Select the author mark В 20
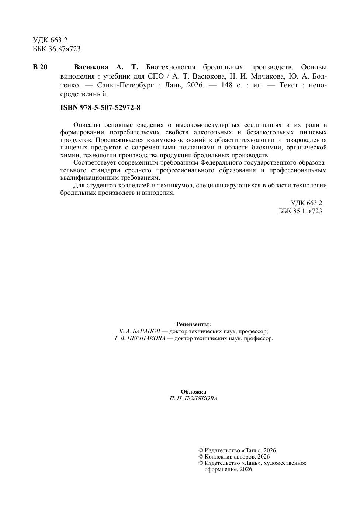[x=40, y=67]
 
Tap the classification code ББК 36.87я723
[x=56, y=49]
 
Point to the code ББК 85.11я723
[x=300, y=211]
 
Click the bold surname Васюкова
[x=91, y=67]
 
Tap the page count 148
[x=226, y=85]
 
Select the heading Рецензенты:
[x=194, y=324]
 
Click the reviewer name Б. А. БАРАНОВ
[x=139, y=331]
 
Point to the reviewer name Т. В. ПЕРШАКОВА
[x=139, y=338]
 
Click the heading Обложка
[x=194, y=392]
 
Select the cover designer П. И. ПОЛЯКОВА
[x=194, y=398]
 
